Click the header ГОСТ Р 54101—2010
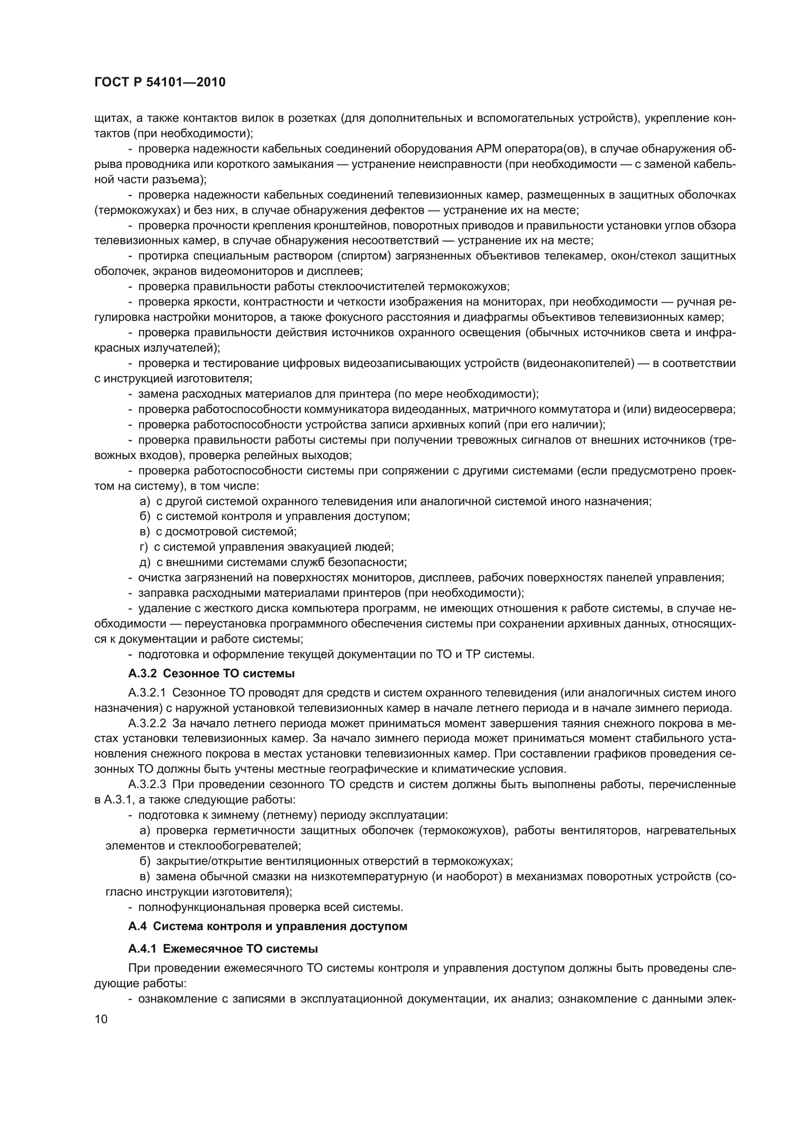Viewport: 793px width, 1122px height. tap(160, 82)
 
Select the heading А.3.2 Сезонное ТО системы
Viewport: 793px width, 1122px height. tap(211, 673)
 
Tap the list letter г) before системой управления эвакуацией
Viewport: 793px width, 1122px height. tap(143, 547)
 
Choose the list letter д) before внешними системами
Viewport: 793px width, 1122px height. tap(144, 562)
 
